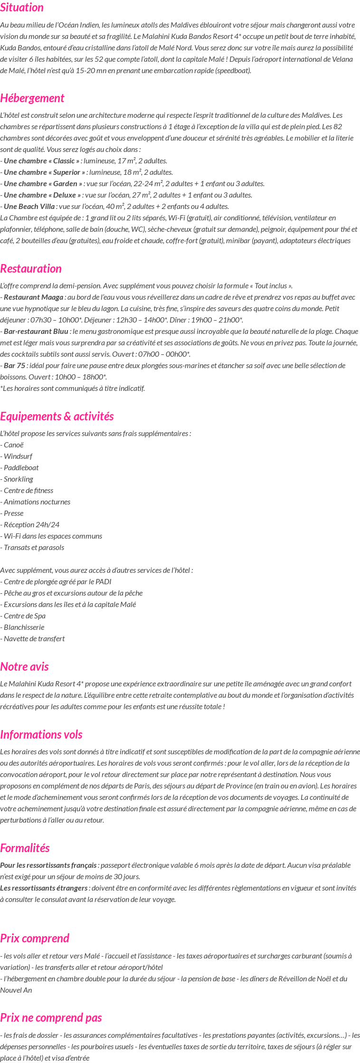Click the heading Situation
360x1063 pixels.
point(22,8)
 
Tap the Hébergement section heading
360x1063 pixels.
point(32,98)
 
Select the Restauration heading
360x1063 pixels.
point(31,269)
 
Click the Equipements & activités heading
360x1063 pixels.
point(57,417)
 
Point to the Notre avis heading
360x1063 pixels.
point(24,667)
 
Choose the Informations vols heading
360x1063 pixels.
point(41,735)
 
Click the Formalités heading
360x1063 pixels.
point(25,848)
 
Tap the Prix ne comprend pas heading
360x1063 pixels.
point(51,1018)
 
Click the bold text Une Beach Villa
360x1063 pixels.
point(29,207)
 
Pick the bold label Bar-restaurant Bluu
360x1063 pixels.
point(36,332)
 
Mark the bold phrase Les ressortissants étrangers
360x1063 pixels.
point(44,888)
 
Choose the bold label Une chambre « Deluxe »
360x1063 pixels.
point(42,195)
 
